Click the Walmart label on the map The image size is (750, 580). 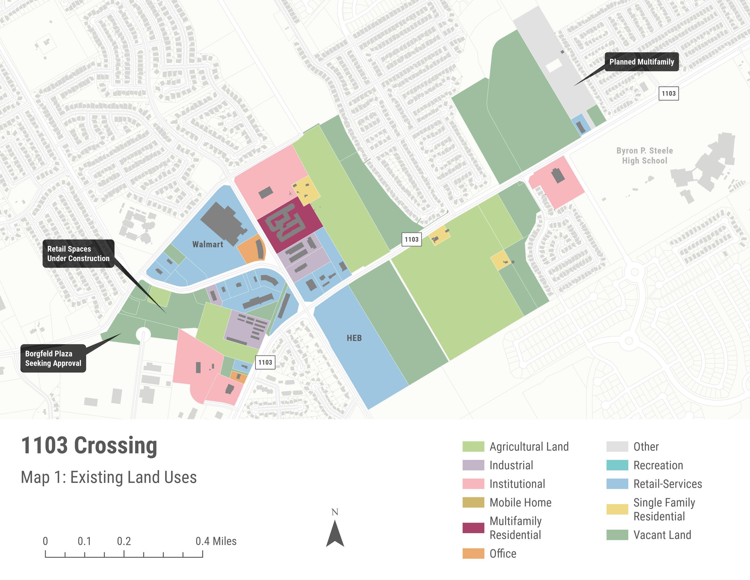coord(207,244)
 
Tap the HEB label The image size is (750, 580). coord(354,338)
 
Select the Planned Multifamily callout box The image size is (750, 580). coord(642,62)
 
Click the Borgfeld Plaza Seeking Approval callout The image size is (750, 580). coord(53,358)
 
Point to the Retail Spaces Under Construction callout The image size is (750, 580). coord(78,254)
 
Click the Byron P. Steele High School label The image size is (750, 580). coord(645,156)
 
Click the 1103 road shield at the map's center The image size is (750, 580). coord(411,240)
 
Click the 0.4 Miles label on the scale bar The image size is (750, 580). coord(216,541)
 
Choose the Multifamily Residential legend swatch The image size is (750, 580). coord(473,528)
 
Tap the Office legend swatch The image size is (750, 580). coord(473,554)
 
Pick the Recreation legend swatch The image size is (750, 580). coord(617,465)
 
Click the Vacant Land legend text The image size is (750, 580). coord(662,535)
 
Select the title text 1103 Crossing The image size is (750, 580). coord(89,446)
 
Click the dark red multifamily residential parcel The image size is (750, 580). coord(290,223)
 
